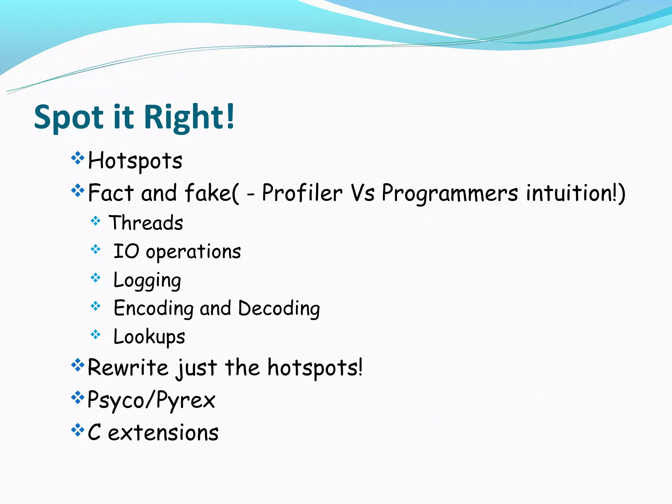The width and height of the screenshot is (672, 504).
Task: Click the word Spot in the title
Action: pos(69,117)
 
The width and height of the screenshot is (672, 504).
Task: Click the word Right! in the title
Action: pos(189,117)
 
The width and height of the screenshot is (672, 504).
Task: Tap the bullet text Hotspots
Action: pos(135,161)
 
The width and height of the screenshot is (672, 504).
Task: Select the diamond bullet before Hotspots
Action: pos(78,158)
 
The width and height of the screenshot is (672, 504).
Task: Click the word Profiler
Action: pos(302,193)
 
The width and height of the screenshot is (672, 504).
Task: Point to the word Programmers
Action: pos(450,193)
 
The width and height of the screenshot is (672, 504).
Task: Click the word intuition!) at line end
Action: pos(576,193)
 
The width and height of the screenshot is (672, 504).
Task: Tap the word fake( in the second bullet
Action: pos(212,193)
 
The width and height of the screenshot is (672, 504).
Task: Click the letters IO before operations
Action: pos(126,252)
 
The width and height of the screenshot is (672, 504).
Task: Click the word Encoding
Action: pos(153,309)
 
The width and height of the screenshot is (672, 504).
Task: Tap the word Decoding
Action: pos(279,309)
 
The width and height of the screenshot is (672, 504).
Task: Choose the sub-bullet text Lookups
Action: pos(149,337)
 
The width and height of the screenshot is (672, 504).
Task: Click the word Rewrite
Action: pos(128,367)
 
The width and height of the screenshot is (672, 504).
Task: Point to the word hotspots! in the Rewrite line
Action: pos(315,367)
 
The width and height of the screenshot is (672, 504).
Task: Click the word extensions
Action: pos(163,432)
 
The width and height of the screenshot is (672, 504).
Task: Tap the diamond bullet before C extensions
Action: pos(78,430)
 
